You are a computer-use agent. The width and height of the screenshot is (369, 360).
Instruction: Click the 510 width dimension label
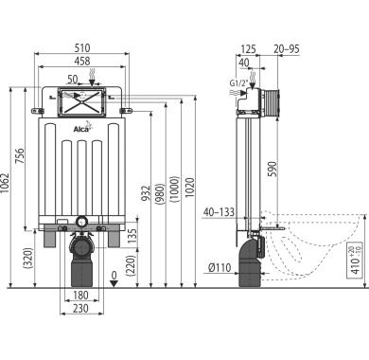click(82, 47)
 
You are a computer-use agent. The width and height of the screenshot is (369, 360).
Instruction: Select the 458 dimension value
click(82, 61)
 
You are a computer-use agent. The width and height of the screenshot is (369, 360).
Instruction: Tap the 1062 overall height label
click(5, 183)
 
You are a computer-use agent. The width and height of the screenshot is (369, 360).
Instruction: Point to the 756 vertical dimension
click(20, 155)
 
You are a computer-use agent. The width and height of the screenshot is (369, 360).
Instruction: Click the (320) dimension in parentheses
click(28, 258)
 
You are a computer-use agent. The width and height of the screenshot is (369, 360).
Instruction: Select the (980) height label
click(160, 193)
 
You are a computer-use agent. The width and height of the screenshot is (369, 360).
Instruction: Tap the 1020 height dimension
click(190, 188)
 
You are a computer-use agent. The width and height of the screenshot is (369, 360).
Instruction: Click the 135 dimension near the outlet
click(132, 235)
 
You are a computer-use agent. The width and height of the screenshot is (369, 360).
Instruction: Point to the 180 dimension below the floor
click(80, 296)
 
